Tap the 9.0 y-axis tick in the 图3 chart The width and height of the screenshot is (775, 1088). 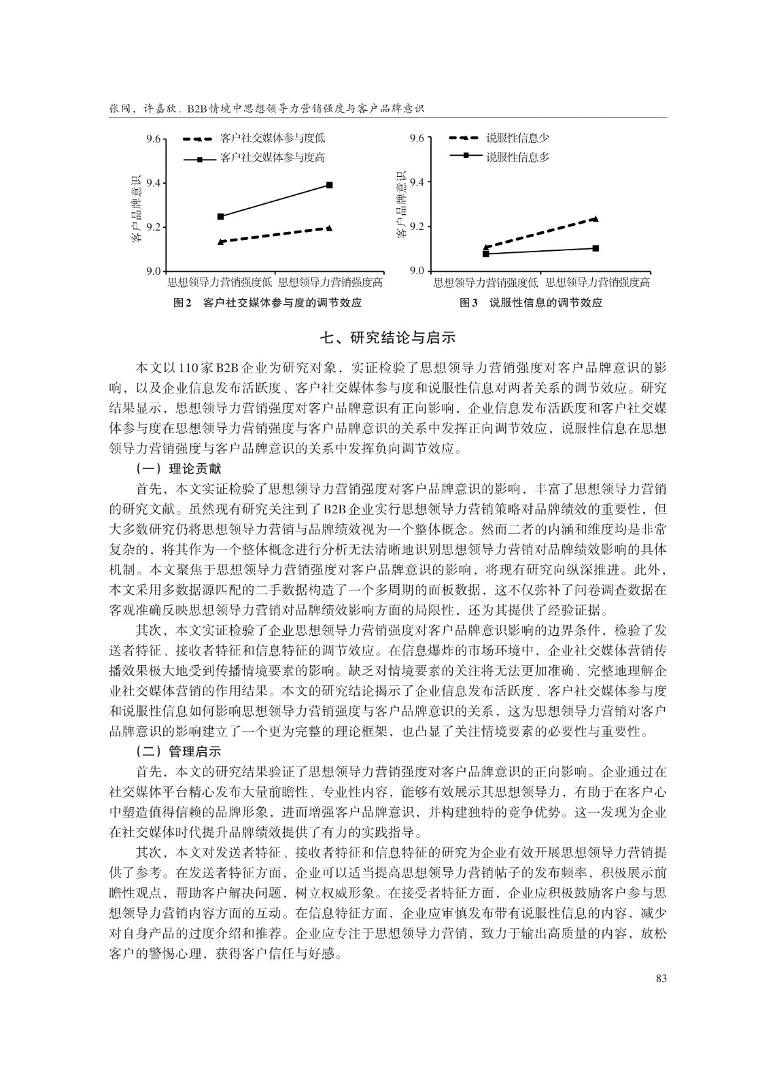417,271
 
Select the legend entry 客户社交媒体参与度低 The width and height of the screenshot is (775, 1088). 273,138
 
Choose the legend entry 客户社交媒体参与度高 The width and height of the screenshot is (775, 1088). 273,158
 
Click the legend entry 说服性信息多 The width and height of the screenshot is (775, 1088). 517,157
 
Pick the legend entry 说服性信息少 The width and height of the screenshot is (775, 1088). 517,138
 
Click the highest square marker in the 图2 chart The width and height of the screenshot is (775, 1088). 330,185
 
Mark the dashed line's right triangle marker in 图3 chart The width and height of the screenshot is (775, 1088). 596,218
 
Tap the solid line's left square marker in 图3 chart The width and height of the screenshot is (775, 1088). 486,254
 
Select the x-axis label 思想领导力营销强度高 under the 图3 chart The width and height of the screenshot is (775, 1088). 598,282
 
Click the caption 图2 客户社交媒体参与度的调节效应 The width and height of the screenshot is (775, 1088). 267,303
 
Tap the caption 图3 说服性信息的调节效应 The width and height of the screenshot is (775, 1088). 531,303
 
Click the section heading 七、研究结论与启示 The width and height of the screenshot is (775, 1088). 387,337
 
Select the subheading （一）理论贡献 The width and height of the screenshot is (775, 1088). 178,469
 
